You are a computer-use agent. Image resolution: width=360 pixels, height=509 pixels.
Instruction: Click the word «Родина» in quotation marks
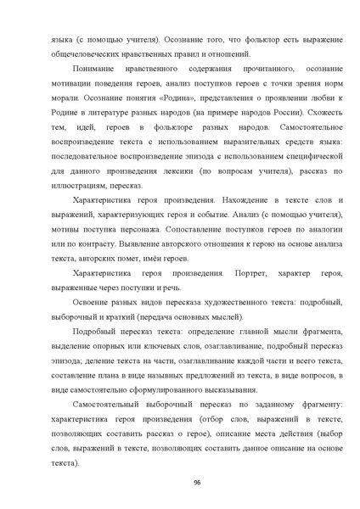coord(166,98)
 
